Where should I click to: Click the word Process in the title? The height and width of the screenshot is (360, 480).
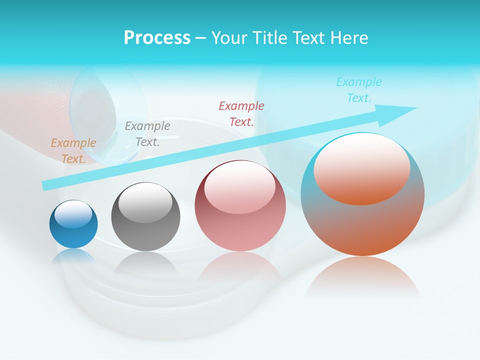pos(157,38)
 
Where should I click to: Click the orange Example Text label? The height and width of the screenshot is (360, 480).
pos(73,151)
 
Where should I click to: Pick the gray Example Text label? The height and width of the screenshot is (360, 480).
pos(147,134)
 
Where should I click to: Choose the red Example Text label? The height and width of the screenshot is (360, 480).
pos(241,114)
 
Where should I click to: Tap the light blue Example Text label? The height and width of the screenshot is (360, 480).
pos(359,90)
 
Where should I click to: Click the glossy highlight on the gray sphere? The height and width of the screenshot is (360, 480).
pos(145,201)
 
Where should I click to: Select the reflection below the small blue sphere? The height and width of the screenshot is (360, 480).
pos(73,256)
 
